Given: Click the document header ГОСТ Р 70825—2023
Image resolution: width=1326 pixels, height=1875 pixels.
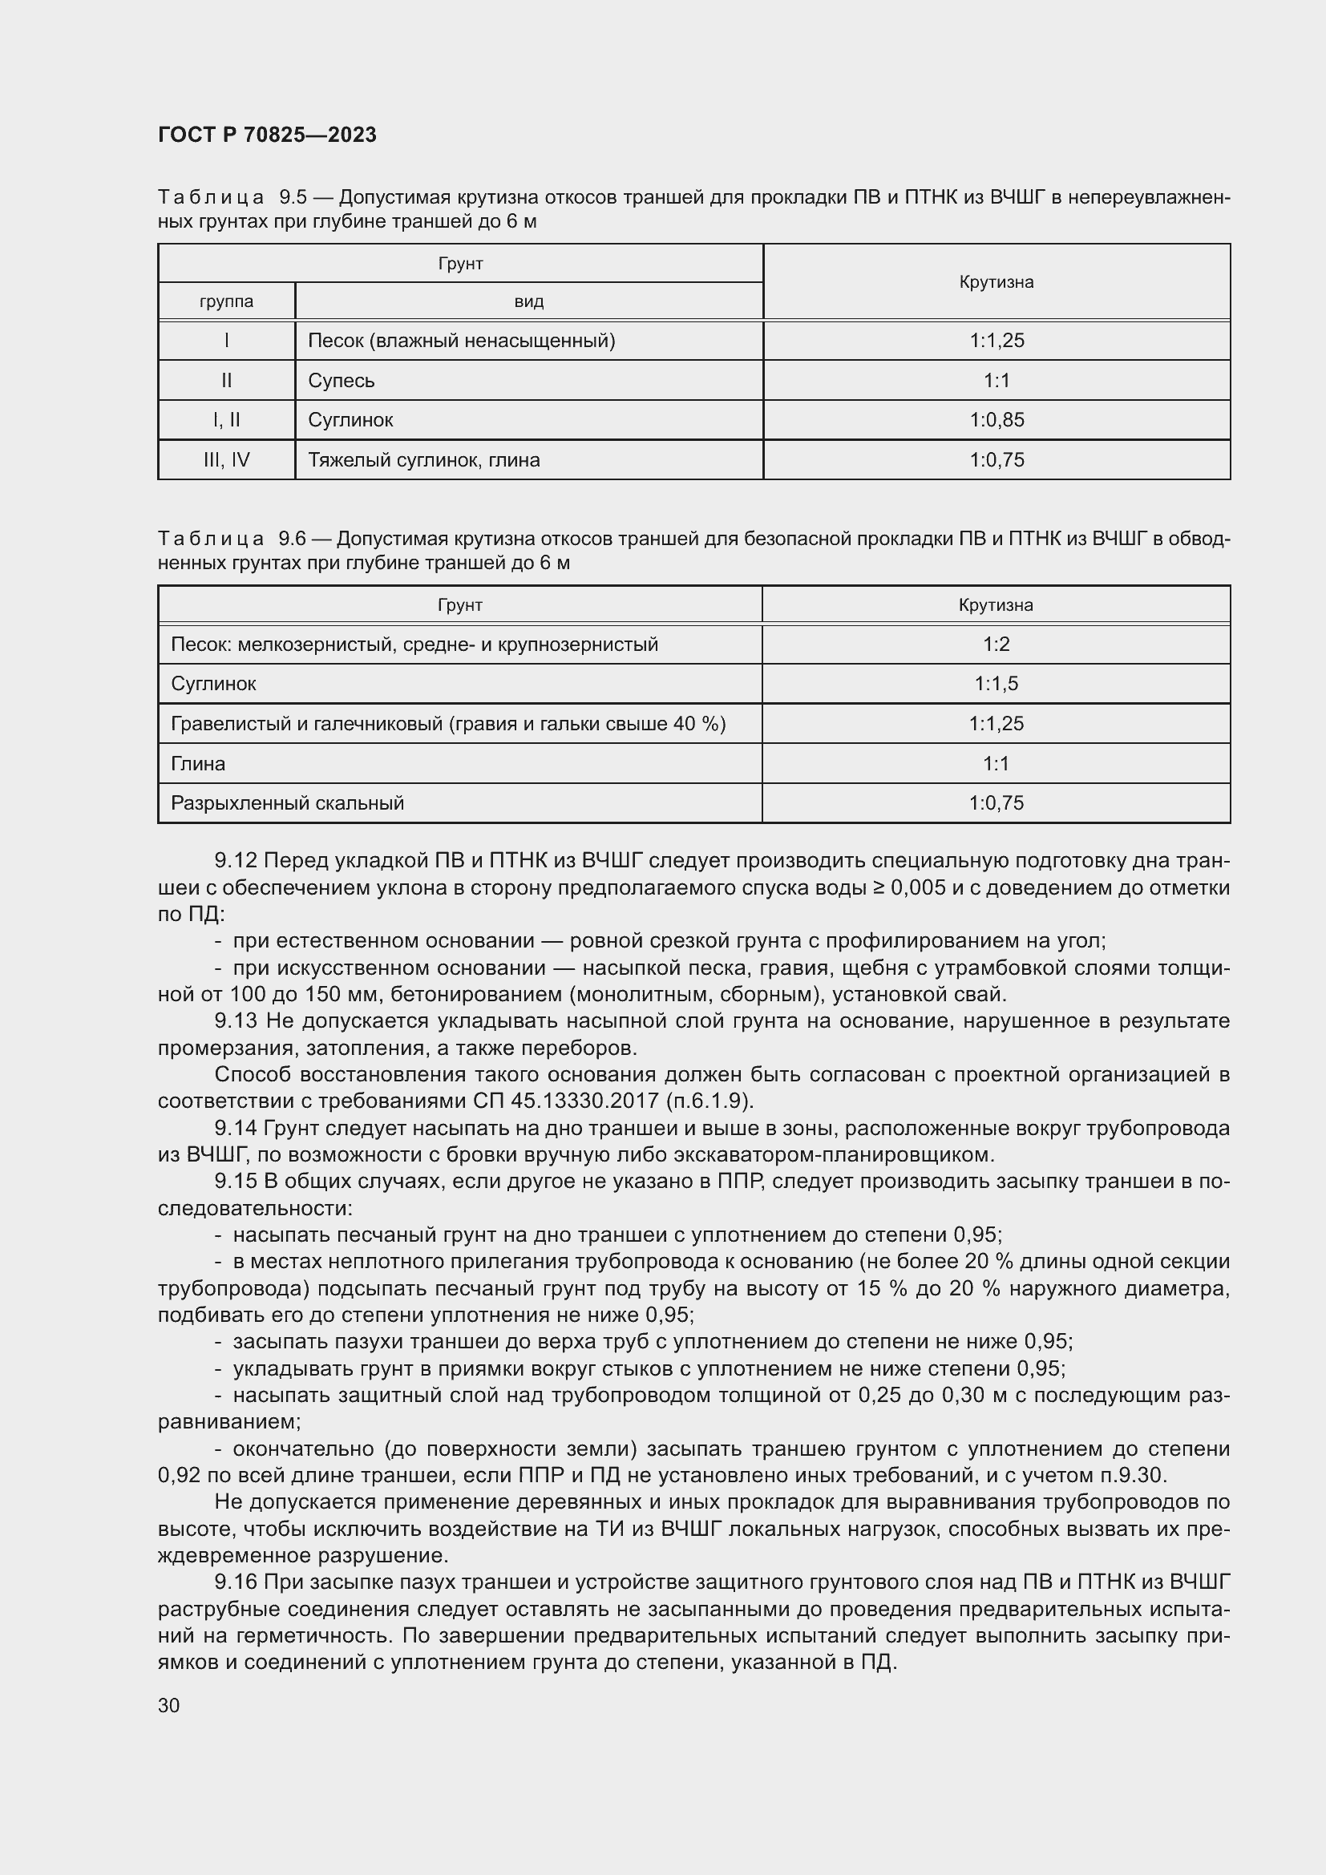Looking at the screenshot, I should (267, 135).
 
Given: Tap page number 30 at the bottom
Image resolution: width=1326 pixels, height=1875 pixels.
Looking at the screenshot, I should (169, 1705).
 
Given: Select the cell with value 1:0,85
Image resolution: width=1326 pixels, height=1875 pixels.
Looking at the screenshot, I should (997, 420).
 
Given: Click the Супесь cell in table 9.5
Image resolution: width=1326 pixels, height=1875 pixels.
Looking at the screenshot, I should (342, 381).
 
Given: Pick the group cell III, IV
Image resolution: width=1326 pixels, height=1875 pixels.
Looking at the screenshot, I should (226, 460).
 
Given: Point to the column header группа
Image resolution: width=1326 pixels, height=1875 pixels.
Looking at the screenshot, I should (226, 301).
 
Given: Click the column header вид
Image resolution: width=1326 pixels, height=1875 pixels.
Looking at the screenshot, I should (528, 301).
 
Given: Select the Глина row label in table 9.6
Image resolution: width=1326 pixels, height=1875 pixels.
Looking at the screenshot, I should (198, 764).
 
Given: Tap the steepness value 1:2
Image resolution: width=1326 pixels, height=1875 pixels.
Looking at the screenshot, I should (997, 645).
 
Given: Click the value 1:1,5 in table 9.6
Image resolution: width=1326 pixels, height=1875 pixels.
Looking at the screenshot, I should (997, 684).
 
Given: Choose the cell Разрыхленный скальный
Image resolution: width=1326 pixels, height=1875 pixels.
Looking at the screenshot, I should (288, 802).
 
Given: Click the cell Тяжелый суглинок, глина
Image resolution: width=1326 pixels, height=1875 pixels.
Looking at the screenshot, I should (424, 460).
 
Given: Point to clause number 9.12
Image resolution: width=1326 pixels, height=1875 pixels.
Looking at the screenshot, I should (236, 861).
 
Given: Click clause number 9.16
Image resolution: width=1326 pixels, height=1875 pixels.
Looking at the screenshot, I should (236, 1582).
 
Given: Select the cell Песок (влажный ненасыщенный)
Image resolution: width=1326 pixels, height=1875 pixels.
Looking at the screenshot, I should (461, 341).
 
